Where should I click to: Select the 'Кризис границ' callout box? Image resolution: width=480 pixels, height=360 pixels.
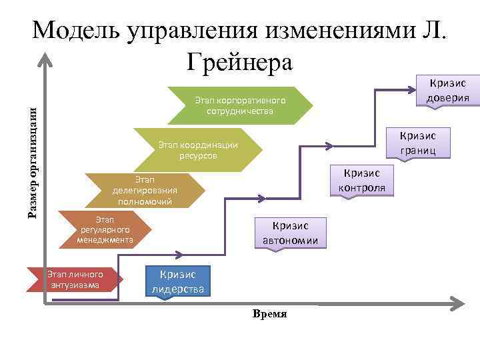[419, 143]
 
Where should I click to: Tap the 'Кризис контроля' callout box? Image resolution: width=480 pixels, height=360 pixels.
[361, 180]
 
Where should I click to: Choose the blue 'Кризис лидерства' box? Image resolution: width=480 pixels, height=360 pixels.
[177, 281]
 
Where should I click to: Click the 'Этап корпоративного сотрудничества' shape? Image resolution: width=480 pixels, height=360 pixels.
[240, 105]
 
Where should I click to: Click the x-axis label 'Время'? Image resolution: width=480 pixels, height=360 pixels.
[270, 313]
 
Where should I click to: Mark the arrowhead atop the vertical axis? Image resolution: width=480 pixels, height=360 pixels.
[44, 59]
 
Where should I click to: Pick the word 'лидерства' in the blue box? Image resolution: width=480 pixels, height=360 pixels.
[177, 289]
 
